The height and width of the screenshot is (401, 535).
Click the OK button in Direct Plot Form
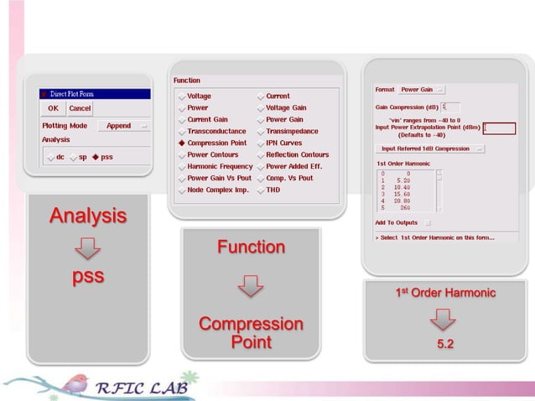click(53, 108)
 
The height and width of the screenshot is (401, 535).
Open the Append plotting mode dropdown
click(123, 126)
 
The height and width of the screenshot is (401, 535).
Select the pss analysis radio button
click(96, 157)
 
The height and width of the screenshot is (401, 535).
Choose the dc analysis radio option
click(52, 157)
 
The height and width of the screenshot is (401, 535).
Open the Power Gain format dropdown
click(422, 90)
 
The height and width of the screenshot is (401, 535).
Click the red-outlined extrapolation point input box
click(499, 128)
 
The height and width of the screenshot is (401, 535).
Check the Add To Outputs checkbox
click(427, 223)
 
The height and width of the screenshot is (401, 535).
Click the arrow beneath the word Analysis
click(87, 247)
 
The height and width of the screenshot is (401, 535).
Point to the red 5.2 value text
click(445, 344)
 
